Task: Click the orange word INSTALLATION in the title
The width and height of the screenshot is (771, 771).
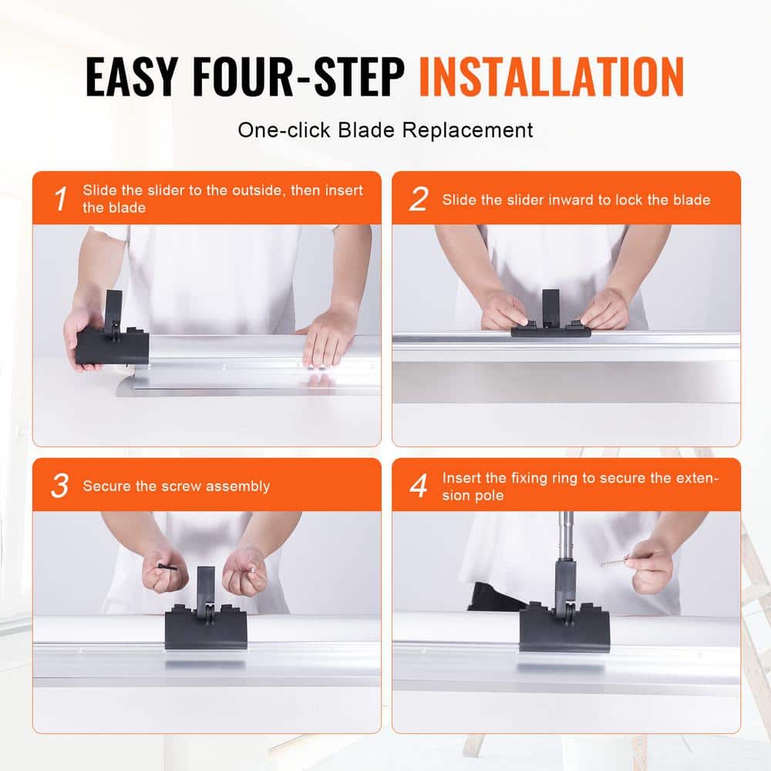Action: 551,76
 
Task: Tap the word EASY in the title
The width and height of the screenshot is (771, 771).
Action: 131,76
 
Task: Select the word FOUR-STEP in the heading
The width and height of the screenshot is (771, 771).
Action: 298,76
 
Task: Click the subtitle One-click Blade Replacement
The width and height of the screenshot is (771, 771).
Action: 385,130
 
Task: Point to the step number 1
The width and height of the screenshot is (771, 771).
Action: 60,199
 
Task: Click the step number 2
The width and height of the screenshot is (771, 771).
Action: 419,199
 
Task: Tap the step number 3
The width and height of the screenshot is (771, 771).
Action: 60,486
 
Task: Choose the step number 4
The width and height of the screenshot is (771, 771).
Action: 419,486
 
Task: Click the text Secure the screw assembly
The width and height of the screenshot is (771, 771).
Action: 176,486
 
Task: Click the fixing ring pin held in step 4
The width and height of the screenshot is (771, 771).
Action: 614,561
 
